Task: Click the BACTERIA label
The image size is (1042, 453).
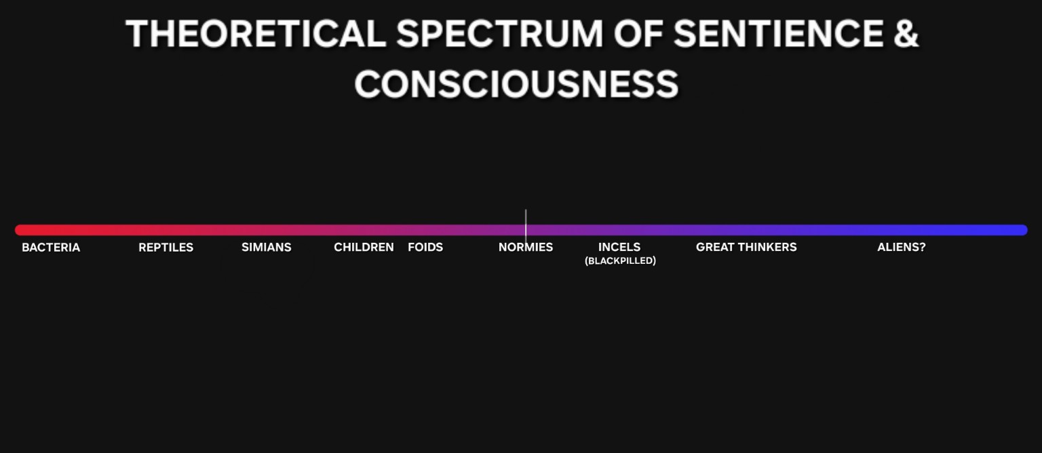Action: click(x=51, y=248)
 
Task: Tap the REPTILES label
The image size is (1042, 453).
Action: click(x=166, y=248)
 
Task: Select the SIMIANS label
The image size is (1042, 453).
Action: click(x=266, y=248)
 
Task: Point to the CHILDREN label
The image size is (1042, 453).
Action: click(x=364, y=248)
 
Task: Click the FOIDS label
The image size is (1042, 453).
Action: click(x=425, y=248)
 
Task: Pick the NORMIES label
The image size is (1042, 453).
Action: click(x=526, y=248)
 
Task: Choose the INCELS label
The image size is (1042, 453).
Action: click(x=619, y=247)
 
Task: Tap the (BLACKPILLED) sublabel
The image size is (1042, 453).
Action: click(x=620, y=261)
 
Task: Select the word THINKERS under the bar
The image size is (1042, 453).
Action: click(x=769, y=247)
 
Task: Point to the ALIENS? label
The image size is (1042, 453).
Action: click(x=902, y=247)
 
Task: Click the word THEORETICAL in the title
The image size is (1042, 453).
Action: click(x=256, y=33)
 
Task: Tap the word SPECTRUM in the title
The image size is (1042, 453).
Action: click(x=499, y=33)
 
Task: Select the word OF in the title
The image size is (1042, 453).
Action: click(x=638, y=33)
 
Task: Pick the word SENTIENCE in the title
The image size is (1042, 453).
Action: click(x=778, y=33)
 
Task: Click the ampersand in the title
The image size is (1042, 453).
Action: click(x=906, y=33)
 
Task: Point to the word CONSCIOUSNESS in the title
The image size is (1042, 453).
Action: click(x=516, y=84)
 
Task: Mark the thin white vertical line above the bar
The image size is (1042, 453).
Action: click(x=526, y=226)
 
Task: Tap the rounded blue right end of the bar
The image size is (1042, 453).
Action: click(x=1023, y=230)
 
